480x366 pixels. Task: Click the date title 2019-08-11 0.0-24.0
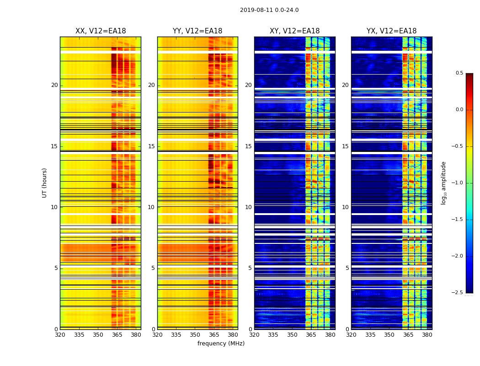[269, 10]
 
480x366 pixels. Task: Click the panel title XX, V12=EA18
[101, 31]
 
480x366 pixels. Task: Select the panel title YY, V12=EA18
[197, 31]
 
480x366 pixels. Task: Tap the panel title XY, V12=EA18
[294, 31]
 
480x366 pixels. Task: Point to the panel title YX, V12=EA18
[391, 31]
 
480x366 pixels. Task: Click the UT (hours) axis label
[45, 183]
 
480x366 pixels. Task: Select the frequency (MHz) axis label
[221, 344]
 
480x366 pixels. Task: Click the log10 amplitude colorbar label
[443, 183]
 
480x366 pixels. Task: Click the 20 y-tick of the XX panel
[54, 85]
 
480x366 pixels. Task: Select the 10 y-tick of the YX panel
[346, 207]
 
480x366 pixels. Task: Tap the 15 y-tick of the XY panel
[248, 146]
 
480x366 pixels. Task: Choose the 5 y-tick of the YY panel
[153, 268]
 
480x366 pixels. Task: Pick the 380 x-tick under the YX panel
[427, 335]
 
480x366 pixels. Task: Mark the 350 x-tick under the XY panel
[292, 335]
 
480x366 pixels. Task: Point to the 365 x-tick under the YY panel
[214, 335]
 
